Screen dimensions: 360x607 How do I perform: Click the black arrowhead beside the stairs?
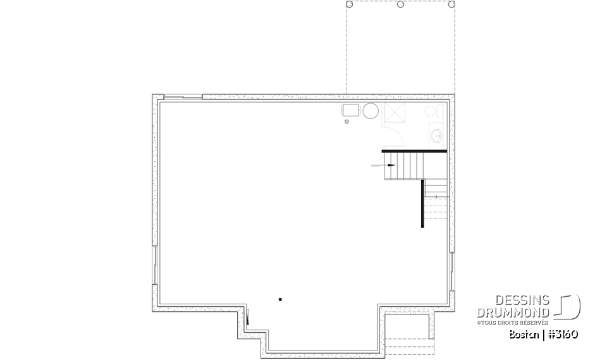pos(392,165)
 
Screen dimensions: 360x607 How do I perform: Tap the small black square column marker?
pos(280,299)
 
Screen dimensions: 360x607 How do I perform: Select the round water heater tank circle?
pos(371,111)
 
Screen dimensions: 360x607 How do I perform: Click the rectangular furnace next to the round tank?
pos(351,111)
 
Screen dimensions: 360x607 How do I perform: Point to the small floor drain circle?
pos(346,123)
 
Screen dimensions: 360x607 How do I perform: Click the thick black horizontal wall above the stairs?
pos(414,151)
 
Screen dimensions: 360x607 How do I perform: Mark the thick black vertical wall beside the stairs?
pos(422,202)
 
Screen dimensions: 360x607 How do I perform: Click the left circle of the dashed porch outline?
pos(350,4)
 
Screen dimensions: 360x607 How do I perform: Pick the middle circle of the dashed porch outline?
pos(400,4)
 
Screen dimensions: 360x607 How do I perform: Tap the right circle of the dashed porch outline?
pos(451,4)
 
